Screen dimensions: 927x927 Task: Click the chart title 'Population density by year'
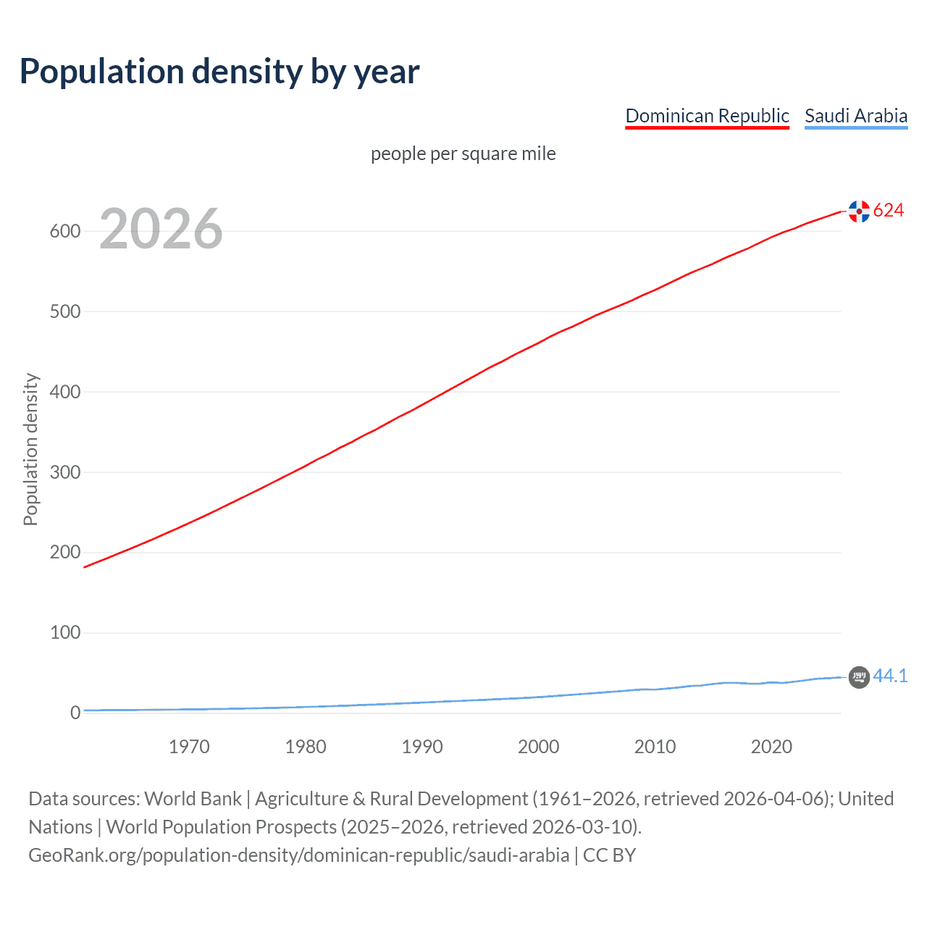coord(219,72)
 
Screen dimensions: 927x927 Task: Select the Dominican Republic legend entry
coord(707,116)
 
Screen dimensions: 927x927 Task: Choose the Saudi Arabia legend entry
coord(855,116)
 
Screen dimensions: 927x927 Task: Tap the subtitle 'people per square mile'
coord(463,154)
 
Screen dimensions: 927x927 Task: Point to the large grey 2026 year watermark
coord(161,229)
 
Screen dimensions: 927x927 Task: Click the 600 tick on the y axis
coord(64,232)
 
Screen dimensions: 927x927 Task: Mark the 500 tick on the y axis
coord(64,312)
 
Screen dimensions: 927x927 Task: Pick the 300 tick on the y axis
coord(64,472)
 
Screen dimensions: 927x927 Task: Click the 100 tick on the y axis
coord(64,633)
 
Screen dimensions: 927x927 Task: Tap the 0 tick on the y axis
coord(75,713)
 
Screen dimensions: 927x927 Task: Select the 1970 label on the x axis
coord(189,747)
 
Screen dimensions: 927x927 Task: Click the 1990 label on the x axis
coord(422,747)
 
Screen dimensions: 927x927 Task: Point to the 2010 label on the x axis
coord(655,747)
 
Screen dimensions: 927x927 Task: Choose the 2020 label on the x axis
coord(771,747)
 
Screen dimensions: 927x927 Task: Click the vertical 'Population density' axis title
coord(30,449)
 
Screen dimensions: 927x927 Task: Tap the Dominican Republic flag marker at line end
coord(859,211)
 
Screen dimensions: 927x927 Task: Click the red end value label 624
coord(889,211)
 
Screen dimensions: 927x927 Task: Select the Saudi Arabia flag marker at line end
coord(859,677)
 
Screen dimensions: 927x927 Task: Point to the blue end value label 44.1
coord(890,676)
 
